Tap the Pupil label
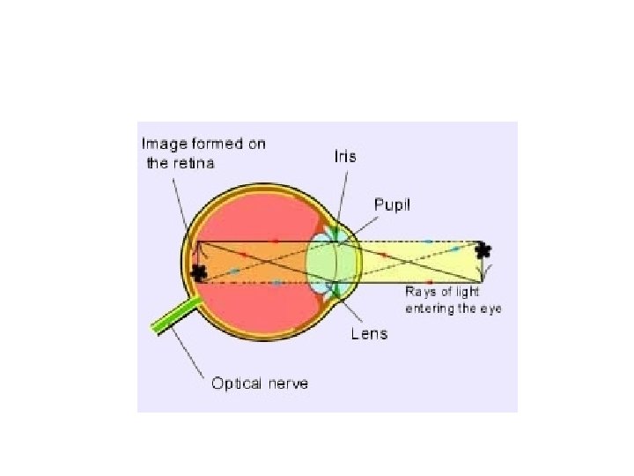(x=393, y=205)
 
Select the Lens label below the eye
(x=369, y=334)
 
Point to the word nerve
(x=288, y=384)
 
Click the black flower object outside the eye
(x=483, y=250)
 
